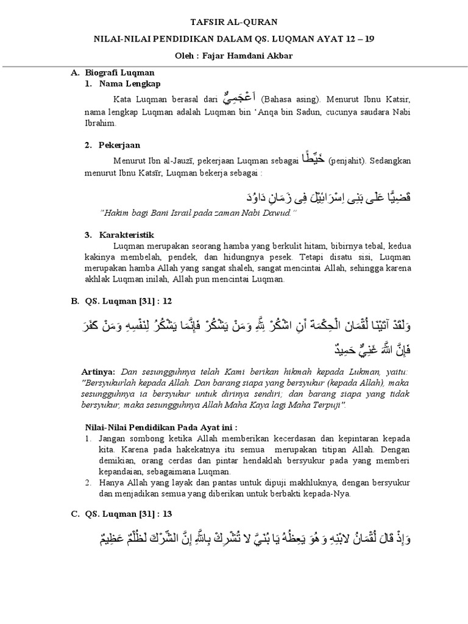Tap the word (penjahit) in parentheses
[347, 161]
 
